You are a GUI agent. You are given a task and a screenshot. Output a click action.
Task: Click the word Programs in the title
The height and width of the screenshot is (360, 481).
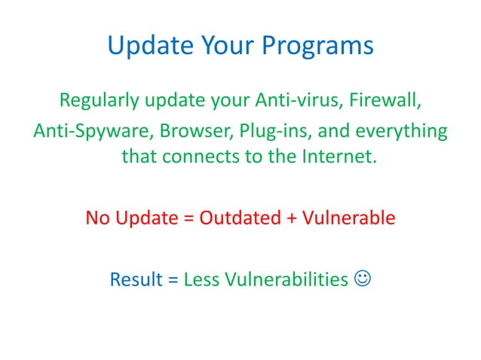coord(317,46)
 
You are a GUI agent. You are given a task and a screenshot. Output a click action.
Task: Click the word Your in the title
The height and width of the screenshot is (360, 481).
coord(229,46)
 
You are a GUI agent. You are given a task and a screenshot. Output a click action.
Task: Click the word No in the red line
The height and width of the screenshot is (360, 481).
coord(96,219)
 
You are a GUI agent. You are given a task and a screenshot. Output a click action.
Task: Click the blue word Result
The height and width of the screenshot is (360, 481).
coord(136,279)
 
